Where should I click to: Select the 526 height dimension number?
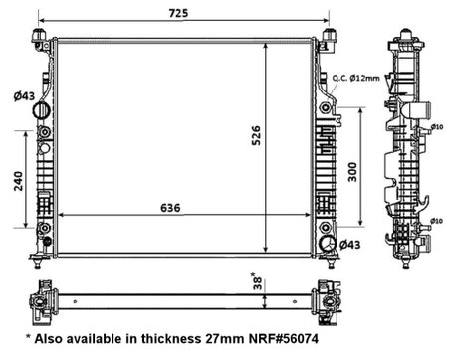282,140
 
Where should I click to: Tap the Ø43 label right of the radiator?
349,244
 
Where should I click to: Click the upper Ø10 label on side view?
436,126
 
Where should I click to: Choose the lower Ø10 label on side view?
436,221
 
